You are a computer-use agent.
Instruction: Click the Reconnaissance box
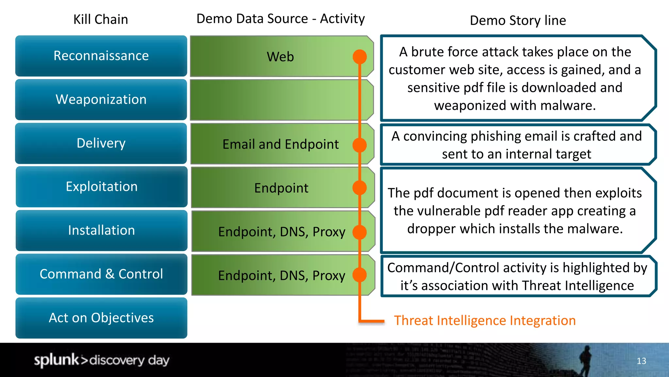[x=101, y=56]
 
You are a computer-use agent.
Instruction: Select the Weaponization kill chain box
[x=101, y=99]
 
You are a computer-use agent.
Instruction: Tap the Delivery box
[x=101, y=143]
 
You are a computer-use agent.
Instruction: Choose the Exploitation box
[x=102, y=187]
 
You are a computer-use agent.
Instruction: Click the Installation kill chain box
[x=102, y=230]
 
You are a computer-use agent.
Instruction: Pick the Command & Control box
[x=101, y=274]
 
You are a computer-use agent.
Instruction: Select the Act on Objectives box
[x=101, y=318]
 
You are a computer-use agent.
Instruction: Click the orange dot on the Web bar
[x=360, y=57]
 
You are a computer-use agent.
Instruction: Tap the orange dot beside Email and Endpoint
[x=360, y=145]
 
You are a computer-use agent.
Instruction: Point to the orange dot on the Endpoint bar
[x=360, y=188]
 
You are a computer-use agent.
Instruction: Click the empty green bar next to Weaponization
[x=274, y=100]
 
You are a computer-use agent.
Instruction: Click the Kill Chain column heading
[x=101, y=19]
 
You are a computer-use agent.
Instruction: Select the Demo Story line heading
[x=518, y=20]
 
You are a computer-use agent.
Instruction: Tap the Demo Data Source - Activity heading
[x=280, y=19]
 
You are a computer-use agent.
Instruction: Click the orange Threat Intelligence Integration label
[x=485, y=320]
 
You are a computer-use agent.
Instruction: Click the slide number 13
[x=641, y=361]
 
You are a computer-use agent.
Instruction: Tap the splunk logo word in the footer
[x=56, y=360]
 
